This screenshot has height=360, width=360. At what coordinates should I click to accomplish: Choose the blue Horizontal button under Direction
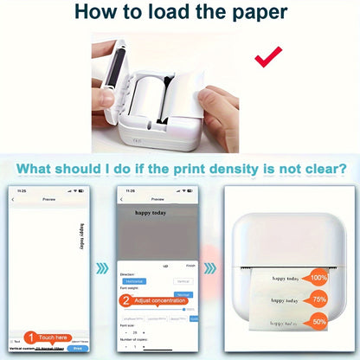(134, 281)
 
